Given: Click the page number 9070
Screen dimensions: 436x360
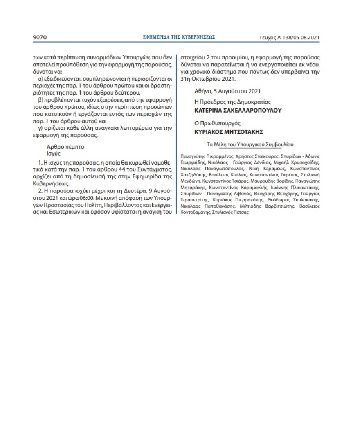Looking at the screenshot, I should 40,37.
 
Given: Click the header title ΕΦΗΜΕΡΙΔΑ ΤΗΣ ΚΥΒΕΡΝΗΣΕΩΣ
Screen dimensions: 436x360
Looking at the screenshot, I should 179,37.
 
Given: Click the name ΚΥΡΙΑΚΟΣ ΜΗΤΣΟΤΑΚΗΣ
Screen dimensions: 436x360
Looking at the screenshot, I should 228,132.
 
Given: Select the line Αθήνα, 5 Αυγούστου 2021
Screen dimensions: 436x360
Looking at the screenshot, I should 227,91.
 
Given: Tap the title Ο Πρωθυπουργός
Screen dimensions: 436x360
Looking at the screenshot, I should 217,123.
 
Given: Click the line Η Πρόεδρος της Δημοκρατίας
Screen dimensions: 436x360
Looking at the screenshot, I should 232,102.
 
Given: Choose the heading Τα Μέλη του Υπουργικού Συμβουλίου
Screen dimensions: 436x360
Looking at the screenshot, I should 250,145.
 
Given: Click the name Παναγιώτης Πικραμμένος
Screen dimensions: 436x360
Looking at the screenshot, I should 204,156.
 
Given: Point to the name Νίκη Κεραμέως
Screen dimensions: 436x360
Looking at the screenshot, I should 264,168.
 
